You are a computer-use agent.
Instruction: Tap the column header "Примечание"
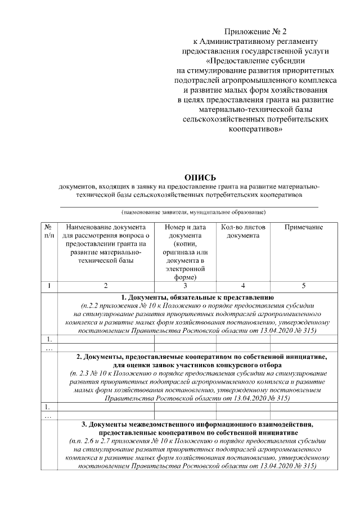(x=304, y=227)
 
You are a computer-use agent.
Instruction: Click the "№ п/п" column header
(x=49, y=231)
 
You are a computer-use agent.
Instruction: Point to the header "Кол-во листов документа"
(x=243, y=231)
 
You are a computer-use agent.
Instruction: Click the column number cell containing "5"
(x=304, y=286)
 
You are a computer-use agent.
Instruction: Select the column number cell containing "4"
(x=243, y=286)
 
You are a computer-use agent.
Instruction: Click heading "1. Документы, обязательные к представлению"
(x=197, y=296)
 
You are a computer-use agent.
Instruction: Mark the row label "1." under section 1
(x=49, y=339)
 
